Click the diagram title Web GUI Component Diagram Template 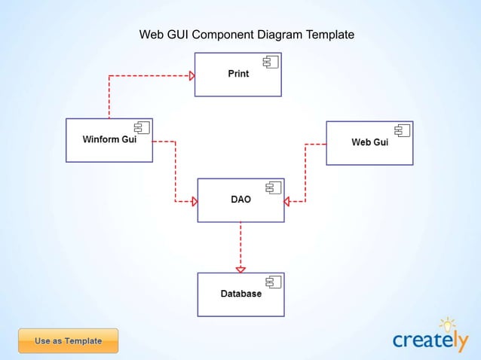point(247,35)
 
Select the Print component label point(238,74)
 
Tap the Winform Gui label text point(109,139)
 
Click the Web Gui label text point(369,142)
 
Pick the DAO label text point(240,200)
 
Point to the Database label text point(240,294)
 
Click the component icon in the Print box point(269,62)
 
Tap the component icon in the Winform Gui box point(141,127)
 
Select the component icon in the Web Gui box point(402,130)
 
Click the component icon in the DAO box point(272,188)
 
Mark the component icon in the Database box point(272,282)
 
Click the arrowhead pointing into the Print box point(191,75)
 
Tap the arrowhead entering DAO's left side point(194,201)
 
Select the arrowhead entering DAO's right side point(287,201)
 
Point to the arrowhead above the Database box point(240,269)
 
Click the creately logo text point(428,340)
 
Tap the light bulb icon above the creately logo point(448,325)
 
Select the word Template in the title point(327,35)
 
